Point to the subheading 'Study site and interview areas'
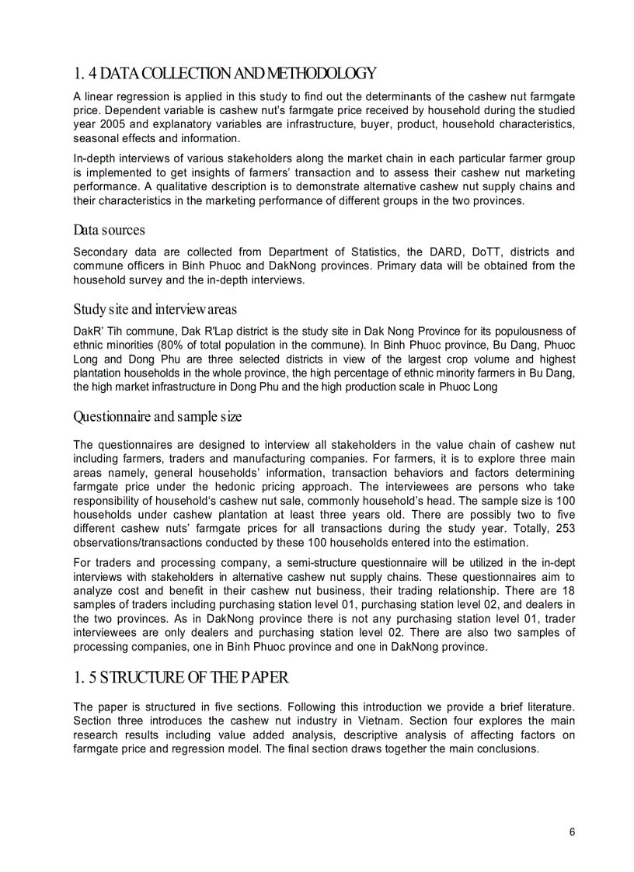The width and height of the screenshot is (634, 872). point(155,309)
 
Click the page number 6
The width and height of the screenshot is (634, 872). point(572,832)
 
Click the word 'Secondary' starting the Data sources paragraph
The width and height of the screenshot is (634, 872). point(100,252)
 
